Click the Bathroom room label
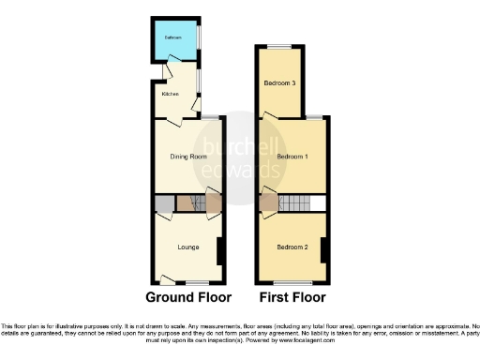tap(174, 37)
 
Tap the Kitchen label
tap(170, 94)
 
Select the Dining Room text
tap(188, 157)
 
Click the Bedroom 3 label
tap(279, 83)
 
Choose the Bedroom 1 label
tap(292, 157)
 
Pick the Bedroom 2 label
tap(292, 247)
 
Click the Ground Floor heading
tap(188, 298)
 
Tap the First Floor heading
tap(292, 298)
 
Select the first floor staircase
tap(295, 202)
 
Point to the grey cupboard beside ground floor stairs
tap(164, 202)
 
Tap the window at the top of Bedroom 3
tap(278, 45)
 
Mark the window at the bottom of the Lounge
tap(198, 283)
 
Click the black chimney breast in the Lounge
tap(218, 250)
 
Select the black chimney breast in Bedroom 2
tap(322, 250)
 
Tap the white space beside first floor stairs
tap(319, 202)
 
